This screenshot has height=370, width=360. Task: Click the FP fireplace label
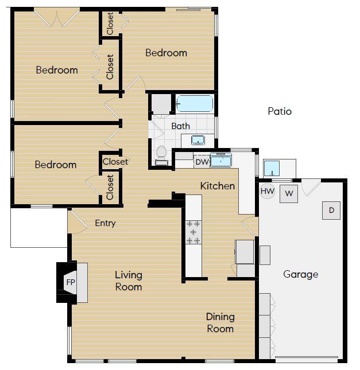click(x=71, y=282)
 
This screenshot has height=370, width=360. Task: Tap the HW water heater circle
click(x=267, y=191)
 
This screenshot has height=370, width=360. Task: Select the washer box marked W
click(x=289, y=194)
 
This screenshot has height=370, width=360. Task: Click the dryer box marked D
click(x=331, y=211)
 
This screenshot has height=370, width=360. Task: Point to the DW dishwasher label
click(x=201, y=162)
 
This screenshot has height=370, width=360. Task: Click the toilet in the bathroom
click(x=162, y=154)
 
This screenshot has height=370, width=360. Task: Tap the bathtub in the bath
click(x=194, y=104)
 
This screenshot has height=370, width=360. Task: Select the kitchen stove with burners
click(x=193, y=232)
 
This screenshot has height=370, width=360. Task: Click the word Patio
click(x=280, y=111)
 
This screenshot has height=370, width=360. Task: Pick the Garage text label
click(x=300, y=274)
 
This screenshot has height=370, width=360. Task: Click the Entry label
click(x=105, y=223)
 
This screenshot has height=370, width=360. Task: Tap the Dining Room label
click(x=220, y=322)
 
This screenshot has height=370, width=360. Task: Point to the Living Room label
click(x=128, y=281)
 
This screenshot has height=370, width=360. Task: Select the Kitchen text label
click(x=217, y=186)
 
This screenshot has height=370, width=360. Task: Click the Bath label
click(x=180, y=126)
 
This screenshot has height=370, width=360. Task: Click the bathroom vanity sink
click(x=198, y=140)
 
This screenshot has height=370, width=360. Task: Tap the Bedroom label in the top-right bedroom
click(x=166, y=53)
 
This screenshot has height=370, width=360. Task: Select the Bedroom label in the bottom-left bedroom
click(x=55, y=165)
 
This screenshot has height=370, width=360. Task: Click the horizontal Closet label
click(x=115, y=162)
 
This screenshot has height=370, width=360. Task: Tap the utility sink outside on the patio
click(x=272, y=169)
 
